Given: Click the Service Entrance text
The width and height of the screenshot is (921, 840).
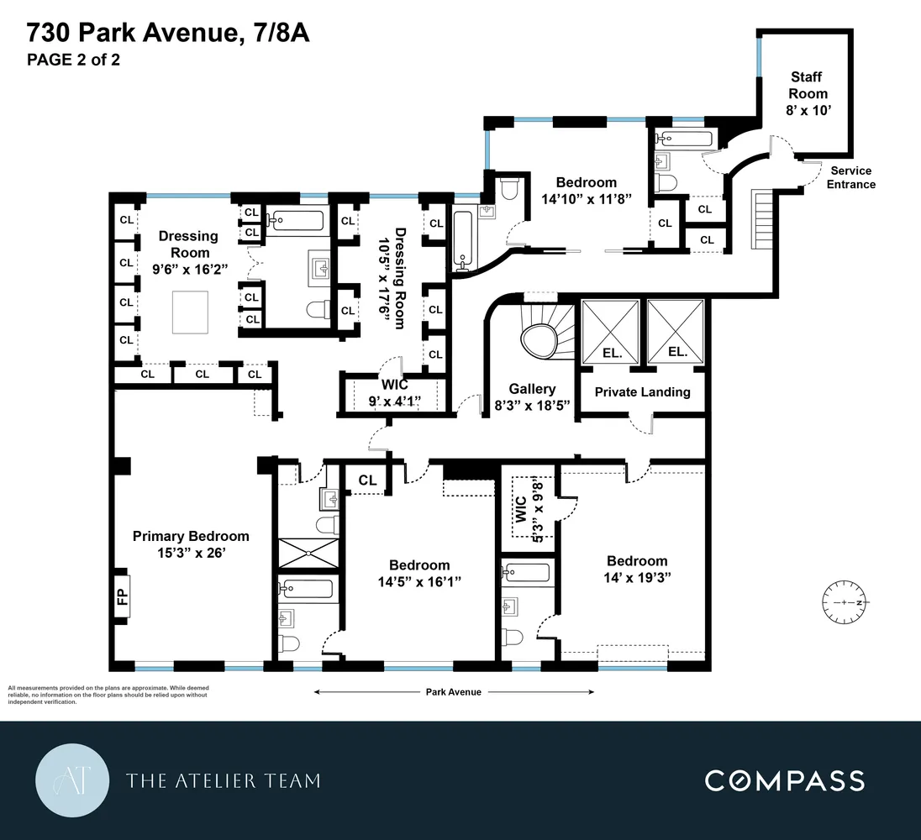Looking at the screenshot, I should (850, 177).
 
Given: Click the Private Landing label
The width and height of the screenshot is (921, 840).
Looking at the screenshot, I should (642, 391).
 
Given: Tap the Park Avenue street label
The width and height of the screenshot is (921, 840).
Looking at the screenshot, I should (453, 692).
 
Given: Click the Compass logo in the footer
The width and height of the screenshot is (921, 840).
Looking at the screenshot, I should (784, 780).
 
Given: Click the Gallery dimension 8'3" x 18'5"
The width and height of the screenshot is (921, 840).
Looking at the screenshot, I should (532, 404).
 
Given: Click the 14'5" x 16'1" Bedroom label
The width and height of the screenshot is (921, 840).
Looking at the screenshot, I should (418, 573).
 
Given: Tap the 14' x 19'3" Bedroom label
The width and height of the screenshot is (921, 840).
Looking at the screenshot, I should (637, 570).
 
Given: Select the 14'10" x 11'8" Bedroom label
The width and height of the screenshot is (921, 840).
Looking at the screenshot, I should (586, 191).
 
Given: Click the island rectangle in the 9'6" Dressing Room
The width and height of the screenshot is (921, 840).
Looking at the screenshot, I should (192, 311).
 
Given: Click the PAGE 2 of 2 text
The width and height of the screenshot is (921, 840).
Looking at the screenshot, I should (73, 60).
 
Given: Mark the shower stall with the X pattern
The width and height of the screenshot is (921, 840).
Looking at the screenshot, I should (308, 553).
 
